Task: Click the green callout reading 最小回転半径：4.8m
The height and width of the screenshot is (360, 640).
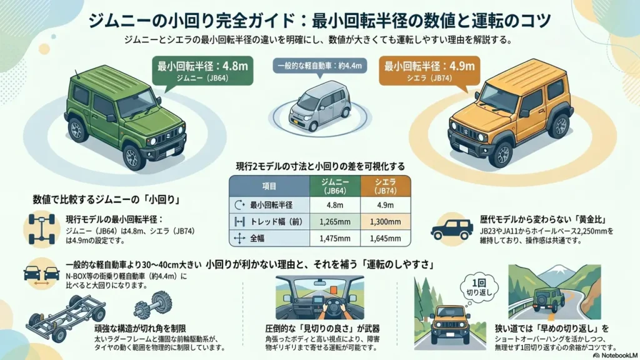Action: pos(202,71)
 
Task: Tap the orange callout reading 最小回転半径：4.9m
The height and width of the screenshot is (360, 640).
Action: pos(429,71)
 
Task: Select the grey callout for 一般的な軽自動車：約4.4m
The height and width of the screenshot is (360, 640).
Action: pos(319,66)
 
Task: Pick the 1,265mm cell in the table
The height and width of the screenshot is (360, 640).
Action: pos(335,222)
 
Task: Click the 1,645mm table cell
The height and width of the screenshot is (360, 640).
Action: pos(385,238)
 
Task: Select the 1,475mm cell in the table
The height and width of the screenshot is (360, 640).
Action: pos(335,238)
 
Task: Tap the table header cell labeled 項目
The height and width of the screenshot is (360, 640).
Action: pos(269,186)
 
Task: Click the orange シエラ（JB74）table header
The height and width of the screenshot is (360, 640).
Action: pos(385,186)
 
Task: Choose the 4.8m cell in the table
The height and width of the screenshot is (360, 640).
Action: pos(335,205)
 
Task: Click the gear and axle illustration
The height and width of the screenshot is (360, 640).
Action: pos(153,305)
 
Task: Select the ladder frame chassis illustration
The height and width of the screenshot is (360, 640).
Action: pos(65,317)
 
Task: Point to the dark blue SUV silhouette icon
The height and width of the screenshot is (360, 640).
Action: pos(452,229)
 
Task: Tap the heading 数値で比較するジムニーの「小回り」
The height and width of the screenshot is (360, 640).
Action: pos(106,199)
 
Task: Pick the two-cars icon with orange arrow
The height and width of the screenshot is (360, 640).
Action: pos(41,274)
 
